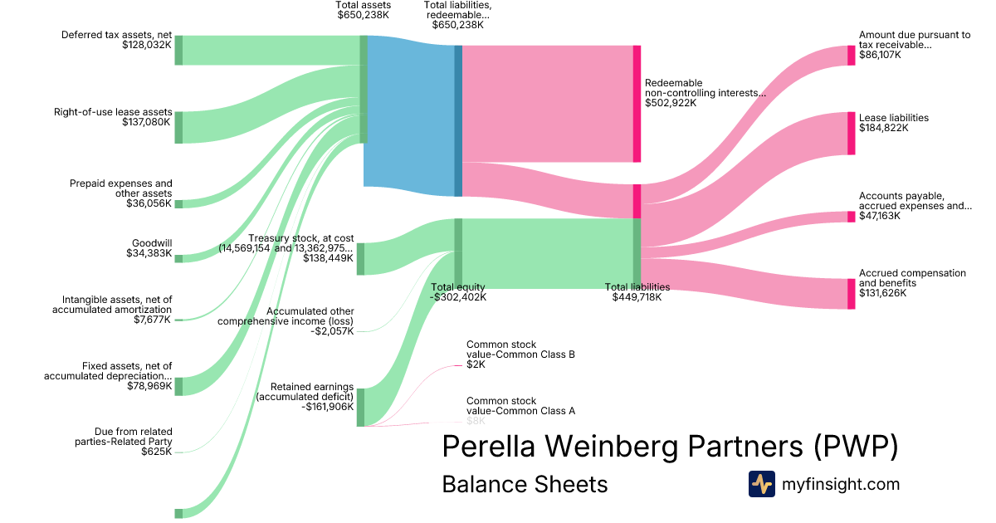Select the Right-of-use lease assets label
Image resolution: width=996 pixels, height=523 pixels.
point(113,112)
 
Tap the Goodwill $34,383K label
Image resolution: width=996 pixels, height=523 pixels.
point(149,248)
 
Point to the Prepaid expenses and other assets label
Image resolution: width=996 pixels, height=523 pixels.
point(121,188)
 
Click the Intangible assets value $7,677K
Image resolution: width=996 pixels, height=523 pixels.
point(153,319)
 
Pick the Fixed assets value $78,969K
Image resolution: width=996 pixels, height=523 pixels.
point(149,385)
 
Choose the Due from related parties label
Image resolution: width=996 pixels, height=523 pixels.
point(124,437)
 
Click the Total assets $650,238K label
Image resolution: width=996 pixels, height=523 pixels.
point(364,10)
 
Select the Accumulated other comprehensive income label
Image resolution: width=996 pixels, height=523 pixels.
point(286,315)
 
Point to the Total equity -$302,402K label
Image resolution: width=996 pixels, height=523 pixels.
point(458,292)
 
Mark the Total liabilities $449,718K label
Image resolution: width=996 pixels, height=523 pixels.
point(637,292)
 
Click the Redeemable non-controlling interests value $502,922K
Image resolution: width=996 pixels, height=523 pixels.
point(671,103)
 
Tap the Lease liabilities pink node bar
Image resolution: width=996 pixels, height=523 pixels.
point(851,133)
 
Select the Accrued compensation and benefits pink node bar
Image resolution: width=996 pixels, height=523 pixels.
point(851,294)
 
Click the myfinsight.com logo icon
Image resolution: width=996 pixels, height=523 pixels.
point(761,484)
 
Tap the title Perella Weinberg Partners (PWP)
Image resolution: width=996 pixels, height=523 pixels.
point(670,446)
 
